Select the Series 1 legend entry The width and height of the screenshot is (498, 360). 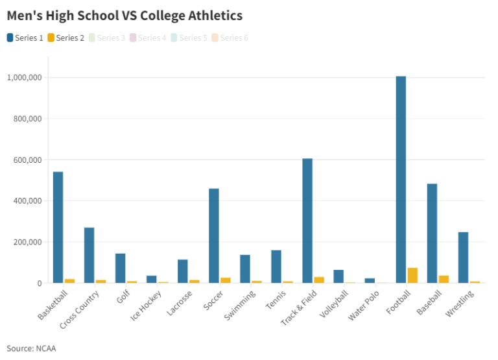(x=26, y=38)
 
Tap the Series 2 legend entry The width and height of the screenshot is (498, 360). (x=66, y=38)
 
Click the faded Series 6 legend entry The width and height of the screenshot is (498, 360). (x=230, y=38)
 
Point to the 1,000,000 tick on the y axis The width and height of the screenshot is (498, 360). (x=24, y=78)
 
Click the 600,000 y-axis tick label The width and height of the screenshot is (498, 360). (x=27, y=160)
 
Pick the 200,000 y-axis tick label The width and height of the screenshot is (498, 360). (x=27, y=242)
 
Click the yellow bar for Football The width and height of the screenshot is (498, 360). (x=412, y=275)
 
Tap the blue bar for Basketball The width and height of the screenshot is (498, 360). (x=58, y=228)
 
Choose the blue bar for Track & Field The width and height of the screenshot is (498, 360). (x=307, y=221)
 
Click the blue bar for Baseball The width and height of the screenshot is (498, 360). (x=432, y=234)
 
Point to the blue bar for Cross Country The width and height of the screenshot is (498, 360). (x=89, y=256)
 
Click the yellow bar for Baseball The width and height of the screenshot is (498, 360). (x=444, y=279)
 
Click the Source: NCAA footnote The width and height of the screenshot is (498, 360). (x=31, y=348)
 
